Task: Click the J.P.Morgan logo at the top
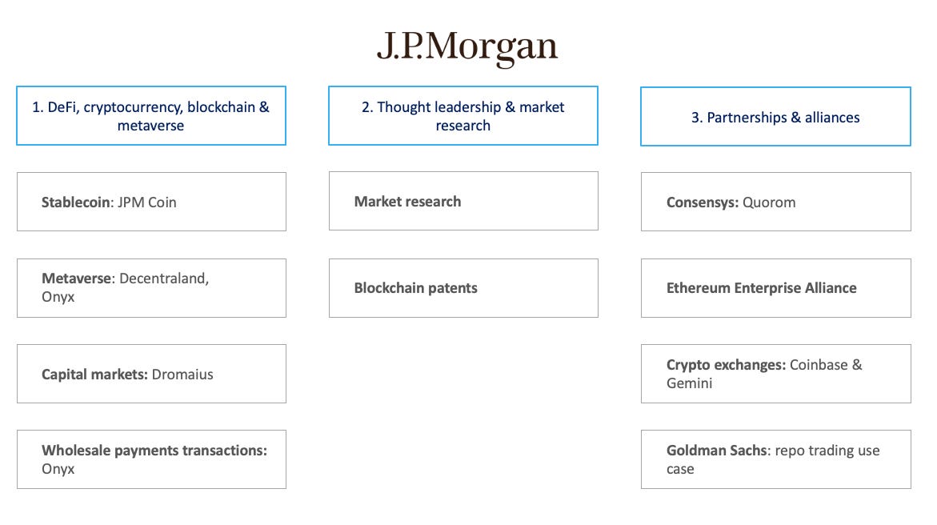point(467,47)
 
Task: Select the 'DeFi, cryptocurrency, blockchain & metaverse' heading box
point(151,116)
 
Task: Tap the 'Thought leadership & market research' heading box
point(462,116)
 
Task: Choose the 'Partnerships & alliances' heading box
point(775,117)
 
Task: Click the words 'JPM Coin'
point(148,202)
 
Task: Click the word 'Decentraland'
point(163,279)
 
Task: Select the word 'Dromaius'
point(183,375)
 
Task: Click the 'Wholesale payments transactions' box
point(151,459)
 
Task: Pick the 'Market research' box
point(462,202)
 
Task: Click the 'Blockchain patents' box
point(462,288)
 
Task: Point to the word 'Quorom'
point(769,202)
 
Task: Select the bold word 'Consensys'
point(701,202)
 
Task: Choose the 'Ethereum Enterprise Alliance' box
point(775,288)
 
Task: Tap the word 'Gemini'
point(690,383)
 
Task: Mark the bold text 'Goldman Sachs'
point(717,451)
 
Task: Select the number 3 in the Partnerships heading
point(695,118)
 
